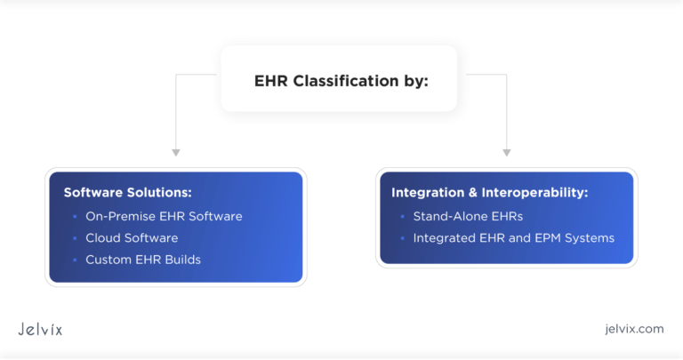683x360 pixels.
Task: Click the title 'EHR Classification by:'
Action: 341,81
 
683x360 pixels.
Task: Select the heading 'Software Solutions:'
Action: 127,192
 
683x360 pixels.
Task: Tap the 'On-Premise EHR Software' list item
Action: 164,216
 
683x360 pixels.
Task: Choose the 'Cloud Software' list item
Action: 132,238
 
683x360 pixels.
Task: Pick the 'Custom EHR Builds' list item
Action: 143,260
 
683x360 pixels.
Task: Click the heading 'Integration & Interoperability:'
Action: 490,192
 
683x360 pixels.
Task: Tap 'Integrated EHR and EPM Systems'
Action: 513,238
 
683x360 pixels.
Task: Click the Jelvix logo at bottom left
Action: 40,329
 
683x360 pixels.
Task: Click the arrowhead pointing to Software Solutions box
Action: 176,153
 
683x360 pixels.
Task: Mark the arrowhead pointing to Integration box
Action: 507,153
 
